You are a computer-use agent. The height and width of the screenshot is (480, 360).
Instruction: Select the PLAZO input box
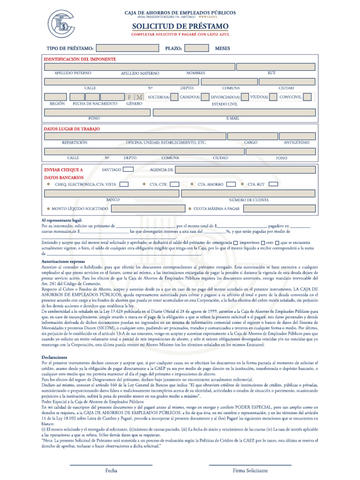click(196, 48)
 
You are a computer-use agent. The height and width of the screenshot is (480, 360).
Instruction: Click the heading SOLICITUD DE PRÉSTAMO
click(180, 26)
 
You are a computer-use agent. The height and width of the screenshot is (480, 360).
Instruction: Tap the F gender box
click(130, 97)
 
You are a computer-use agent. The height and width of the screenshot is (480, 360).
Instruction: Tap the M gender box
click(139, 97)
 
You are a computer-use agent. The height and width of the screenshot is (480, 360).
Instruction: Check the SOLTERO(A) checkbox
click(174, 97)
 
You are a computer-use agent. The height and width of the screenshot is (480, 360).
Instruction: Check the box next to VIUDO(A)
click(272, 97)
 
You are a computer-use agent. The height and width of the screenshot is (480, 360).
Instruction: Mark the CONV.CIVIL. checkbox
click(307, 97)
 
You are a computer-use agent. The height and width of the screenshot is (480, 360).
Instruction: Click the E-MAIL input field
click(233, 112)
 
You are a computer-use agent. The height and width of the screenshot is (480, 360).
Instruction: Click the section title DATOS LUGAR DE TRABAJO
click(71, 128)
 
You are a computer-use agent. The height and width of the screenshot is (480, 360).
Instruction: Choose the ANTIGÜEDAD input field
click(297, 136)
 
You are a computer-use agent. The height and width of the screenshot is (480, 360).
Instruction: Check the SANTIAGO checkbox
click(128, 170)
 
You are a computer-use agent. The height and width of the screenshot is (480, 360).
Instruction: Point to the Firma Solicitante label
click(250, 470)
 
